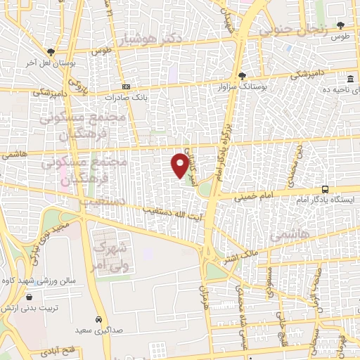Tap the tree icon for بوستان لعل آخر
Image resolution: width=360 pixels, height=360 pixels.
pyautogui.click(x=51, y=52)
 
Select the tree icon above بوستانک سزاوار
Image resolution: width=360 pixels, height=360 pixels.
pyautogui.click(x=242, y=75)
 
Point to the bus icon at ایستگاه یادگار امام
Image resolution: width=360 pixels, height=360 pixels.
pyautogui.click(x=325, y=189)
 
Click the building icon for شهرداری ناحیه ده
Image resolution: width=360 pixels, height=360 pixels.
pyautogui.click(x=350, y=78)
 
